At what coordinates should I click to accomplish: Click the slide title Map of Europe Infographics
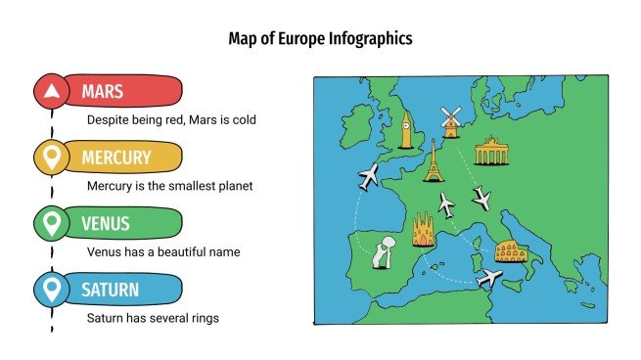pos(320,39)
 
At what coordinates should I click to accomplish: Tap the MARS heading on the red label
pos(102,93)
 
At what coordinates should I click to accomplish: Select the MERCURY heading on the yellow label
pos(116,157)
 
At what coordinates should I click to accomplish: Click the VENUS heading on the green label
pos(106,224)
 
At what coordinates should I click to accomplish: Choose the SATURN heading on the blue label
pos(110,290)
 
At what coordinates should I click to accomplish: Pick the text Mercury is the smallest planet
pos(169,186)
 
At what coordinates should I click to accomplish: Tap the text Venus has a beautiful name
pos(163,251)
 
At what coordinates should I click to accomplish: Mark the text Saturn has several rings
pos(152,318)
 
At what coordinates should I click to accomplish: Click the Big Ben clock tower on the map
pos(405,129)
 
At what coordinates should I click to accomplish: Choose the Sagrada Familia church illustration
pos(424,233)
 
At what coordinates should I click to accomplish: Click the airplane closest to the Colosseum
pos(489,279)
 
